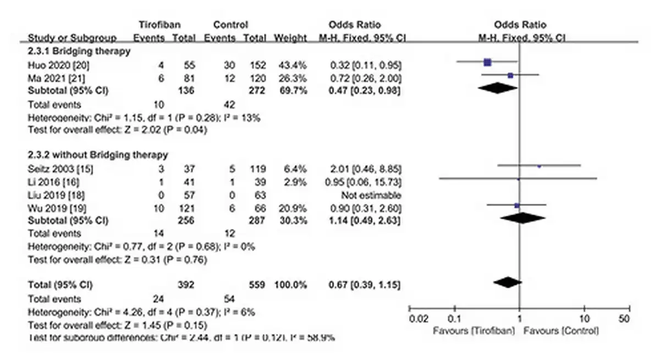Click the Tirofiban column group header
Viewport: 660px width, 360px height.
coord(160,25)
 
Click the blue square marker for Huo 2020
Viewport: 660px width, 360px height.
coord(487,62)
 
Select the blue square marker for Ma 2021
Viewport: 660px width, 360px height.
coord(510,75)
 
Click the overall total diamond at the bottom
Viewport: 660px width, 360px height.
coord(507,282)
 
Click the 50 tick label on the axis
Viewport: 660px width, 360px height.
coord(624,319)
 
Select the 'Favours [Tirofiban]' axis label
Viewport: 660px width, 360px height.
coord(474,331)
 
